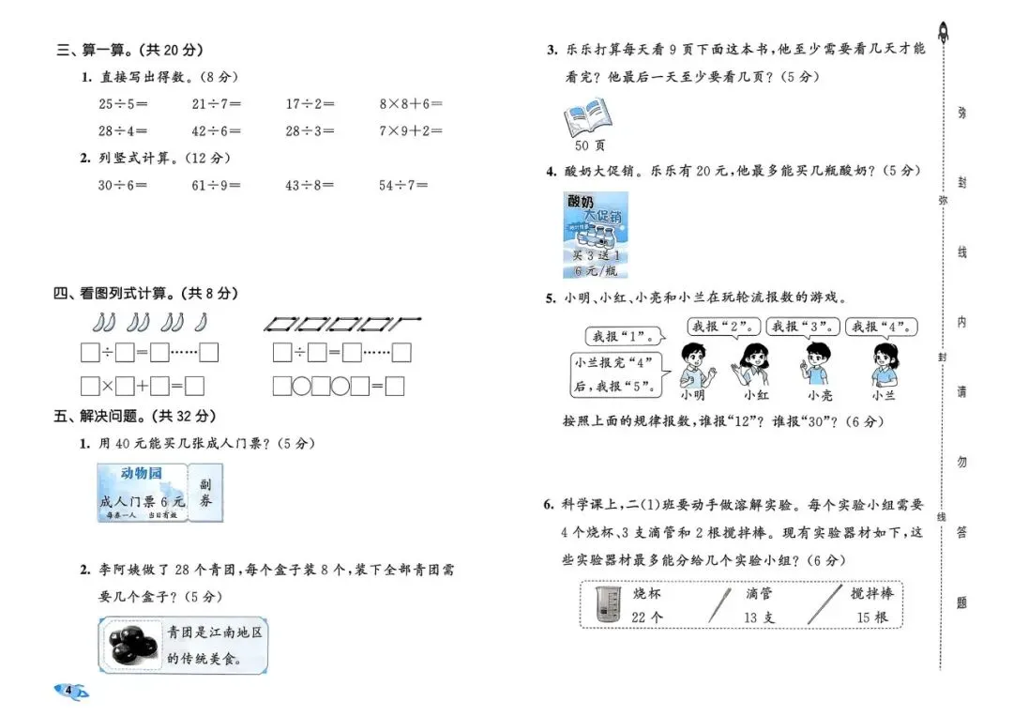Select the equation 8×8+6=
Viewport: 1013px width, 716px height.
411,104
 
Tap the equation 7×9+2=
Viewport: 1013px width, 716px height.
411,131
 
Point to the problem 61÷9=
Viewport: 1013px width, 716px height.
217,186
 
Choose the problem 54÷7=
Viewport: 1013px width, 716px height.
403,186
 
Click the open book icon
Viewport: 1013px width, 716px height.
586,119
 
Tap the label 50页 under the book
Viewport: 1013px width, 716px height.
589,145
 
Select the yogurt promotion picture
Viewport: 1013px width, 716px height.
596,235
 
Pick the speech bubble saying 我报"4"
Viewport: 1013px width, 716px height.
880,328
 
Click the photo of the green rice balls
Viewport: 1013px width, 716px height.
131,645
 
